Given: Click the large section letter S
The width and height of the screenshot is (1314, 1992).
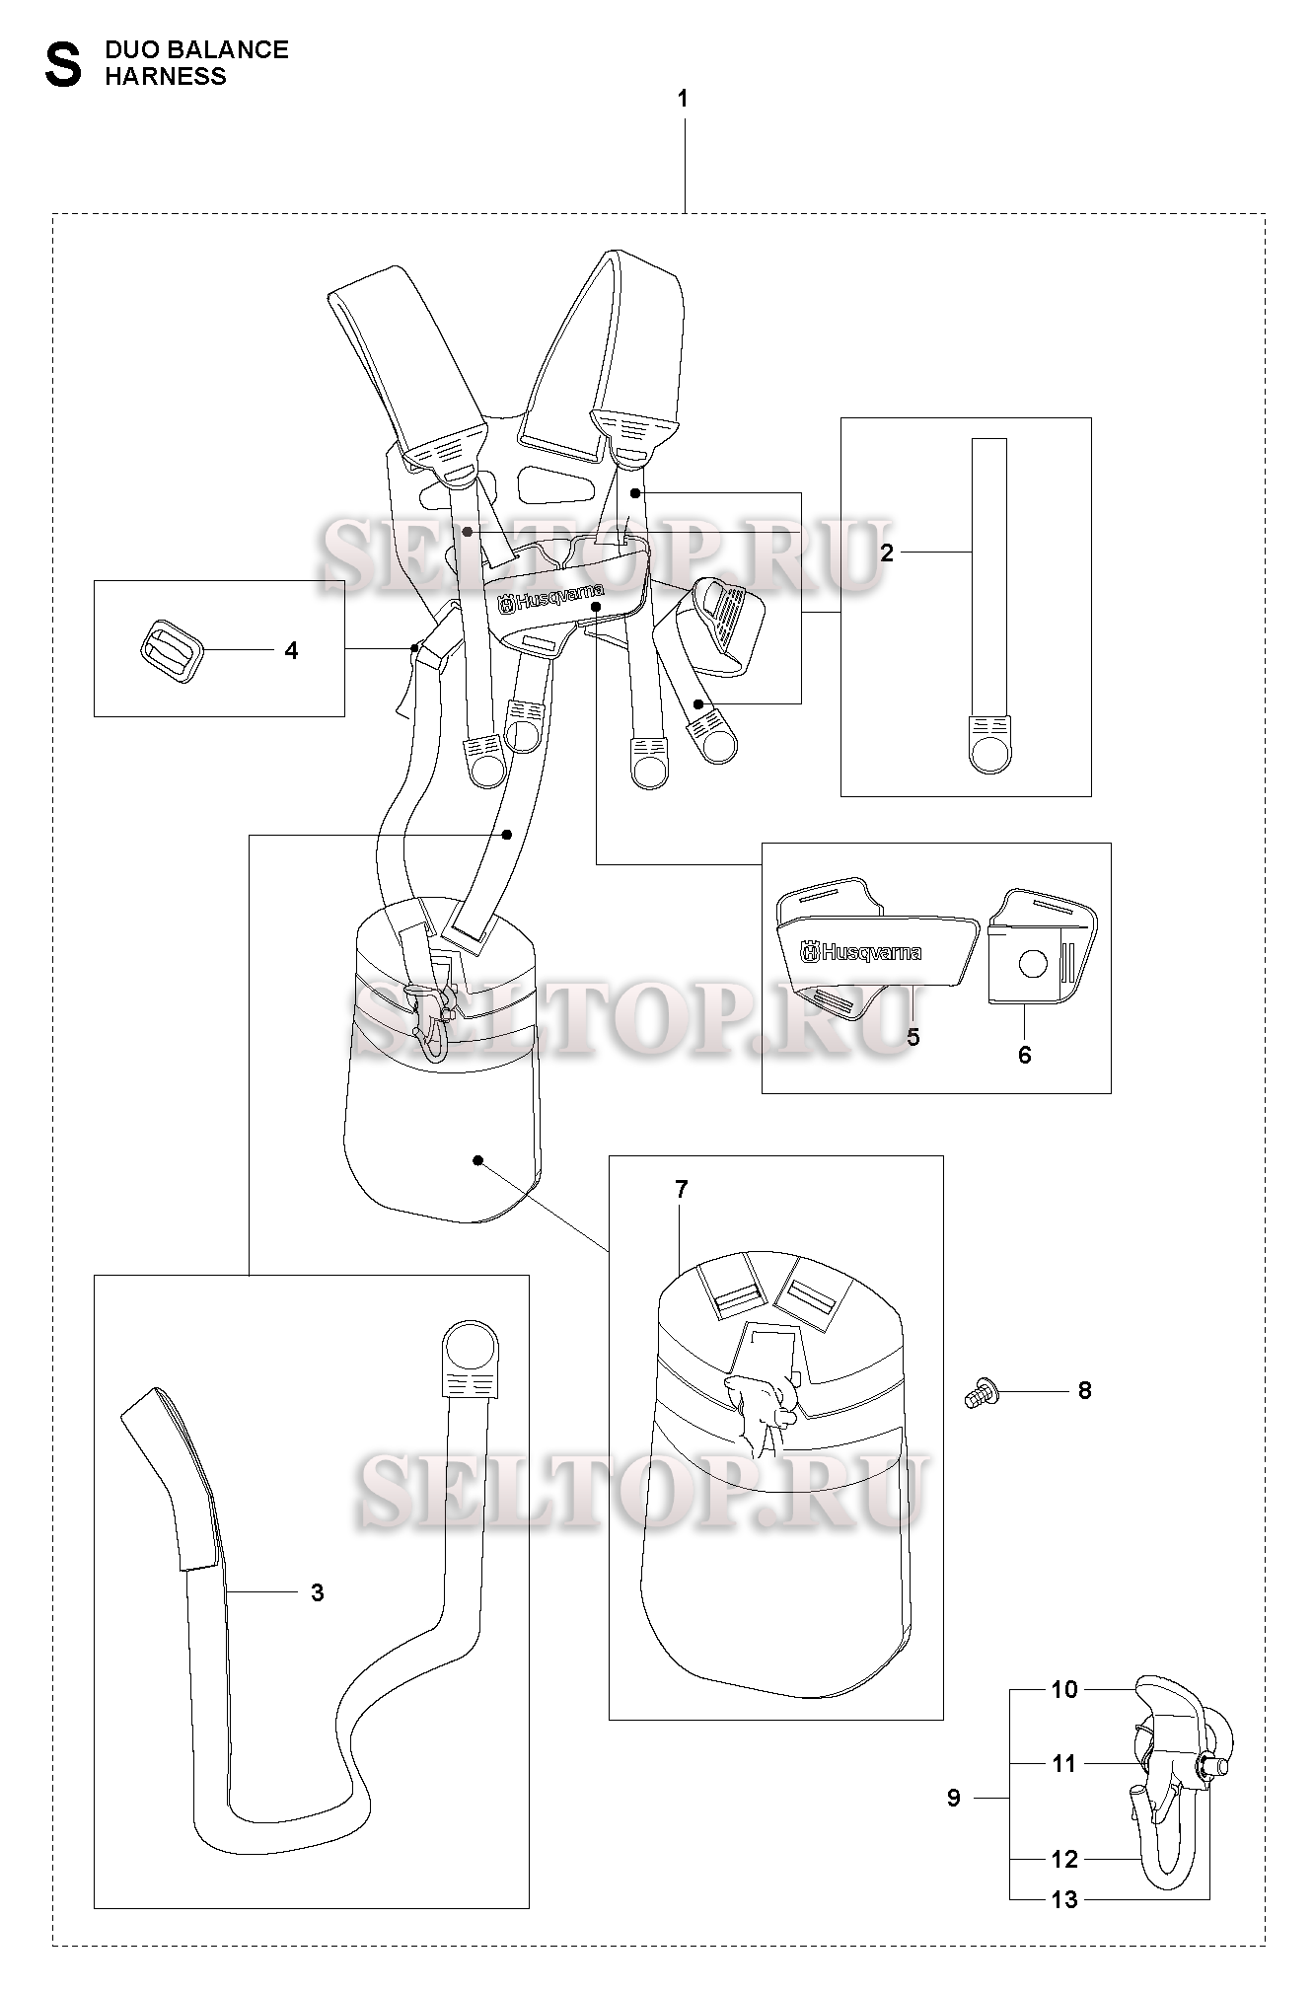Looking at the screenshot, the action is [x=64, y=64].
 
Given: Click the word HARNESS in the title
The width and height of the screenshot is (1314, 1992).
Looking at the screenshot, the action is [x=166, y=77].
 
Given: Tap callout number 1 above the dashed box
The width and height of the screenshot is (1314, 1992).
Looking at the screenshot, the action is [x=683, y=99].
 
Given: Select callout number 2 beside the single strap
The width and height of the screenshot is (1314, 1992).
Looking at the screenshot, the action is [x=886, y=553].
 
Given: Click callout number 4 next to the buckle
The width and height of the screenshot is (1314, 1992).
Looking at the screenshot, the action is [x=291, y=651].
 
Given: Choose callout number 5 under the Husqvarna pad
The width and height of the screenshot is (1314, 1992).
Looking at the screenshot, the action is [x=912, y=1037].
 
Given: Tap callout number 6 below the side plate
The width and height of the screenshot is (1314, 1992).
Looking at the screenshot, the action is [x=1024, y=1055].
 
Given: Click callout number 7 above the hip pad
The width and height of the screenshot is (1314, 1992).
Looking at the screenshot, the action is [x=682, y=1190].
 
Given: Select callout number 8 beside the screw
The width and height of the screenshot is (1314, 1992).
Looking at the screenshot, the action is [x=1085, y=1390].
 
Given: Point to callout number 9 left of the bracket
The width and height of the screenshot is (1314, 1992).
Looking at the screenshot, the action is [x=954, y=1798].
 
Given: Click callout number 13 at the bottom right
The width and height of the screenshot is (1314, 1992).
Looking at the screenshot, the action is [x=1064, y=1899].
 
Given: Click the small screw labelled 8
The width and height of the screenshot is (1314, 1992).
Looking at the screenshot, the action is [x=979, y=1393].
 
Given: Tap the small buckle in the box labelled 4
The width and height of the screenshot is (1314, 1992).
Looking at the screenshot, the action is [x=169, y=651].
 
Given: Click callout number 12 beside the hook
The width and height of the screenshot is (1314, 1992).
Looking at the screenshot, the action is [x=1064, y=1859].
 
